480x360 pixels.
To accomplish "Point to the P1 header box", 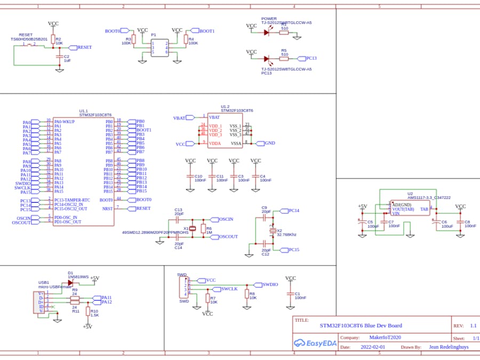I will pyautogui.click(x=159, y=47).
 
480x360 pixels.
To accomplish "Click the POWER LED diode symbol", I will pyautogui.click(x=266, y=33).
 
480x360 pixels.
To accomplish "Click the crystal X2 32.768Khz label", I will pyautogui.click(x=287, y=233).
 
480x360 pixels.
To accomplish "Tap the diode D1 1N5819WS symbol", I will pyautogui.click(x=71, y=283).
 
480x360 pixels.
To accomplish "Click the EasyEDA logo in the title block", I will pyautogui.click(x=315, y=343).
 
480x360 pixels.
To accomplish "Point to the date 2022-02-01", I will pyautogui.click(x=373, y=347).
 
